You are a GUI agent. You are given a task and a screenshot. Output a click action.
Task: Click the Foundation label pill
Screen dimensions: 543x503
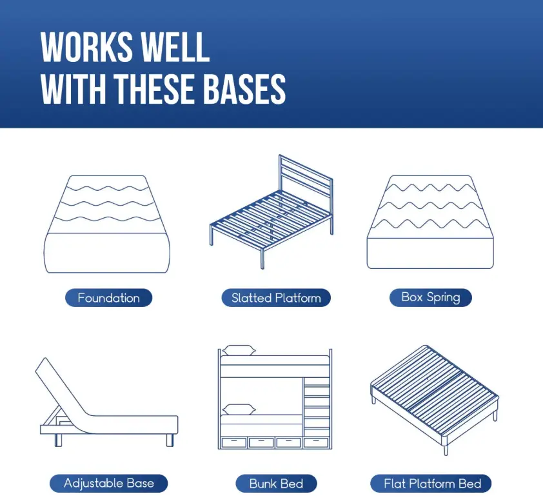tap(109, 298)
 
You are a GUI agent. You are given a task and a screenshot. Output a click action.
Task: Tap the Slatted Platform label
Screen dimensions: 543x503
tap(276, 298)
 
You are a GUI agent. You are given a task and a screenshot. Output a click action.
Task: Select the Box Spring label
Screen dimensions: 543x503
tap(430, 297)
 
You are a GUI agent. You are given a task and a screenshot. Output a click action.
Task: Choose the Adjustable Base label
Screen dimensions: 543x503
tap(109, 483)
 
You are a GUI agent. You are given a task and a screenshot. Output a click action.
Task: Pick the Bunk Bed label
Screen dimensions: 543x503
tap(276, 483)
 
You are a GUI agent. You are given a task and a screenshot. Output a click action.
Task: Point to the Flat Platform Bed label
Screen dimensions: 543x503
tap(431, 483)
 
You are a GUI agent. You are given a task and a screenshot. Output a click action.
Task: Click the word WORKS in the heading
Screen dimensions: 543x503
tap(87, 48)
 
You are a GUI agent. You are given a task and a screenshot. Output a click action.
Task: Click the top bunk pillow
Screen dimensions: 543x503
tap(239, 350)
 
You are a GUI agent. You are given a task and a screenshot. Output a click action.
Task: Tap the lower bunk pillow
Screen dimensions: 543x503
tap(239, 409)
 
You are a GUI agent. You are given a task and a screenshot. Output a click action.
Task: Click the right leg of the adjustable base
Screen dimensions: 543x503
tap(170, 440)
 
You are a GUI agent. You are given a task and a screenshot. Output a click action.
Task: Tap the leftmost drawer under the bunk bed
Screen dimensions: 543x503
tap(233, 443)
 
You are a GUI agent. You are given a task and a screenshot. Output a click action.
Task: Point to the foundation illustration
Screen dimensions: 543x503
tap(107, 224)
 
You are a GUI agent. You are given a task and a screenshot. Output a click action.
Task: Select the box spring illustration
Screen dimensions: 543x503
tap(430, 222)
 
